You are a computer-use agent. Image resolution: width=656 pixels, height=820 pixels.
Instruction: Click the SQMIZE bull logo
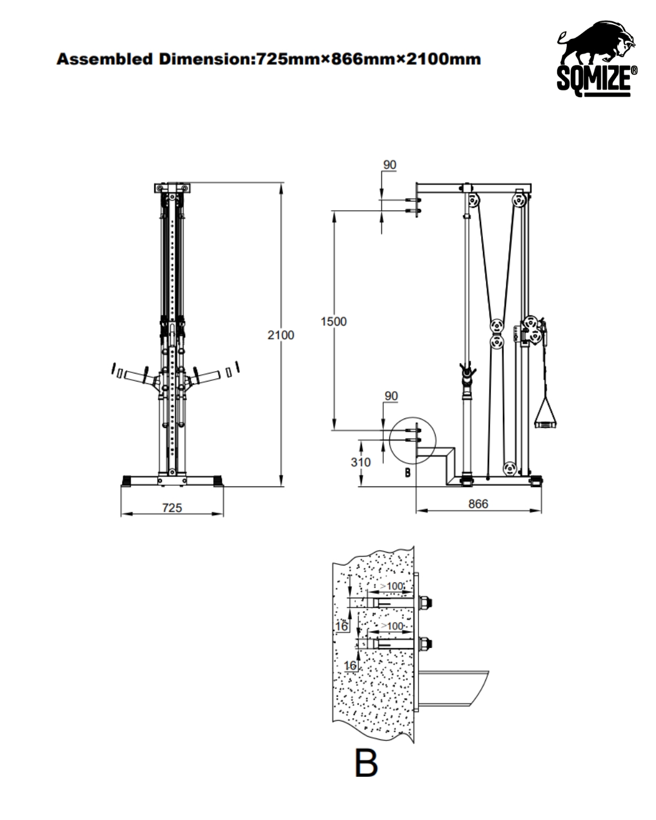click(596, 58)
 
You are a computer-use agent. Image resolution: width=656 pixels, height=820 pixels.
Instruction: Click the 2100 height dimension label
click(281, 335)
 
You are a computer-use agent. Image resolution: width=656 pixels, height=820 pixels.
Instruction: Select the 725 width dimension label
click(172, 508)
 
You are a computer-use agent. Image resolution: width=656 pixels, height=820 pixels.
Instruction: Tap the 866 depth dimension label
click(478, 504)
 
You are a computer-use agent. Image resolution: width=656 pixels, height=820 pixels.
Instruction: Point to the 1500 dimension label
click(333, 321)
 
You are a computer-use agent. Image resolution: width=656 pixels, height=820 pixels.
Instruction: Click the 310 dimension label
click(360, 462)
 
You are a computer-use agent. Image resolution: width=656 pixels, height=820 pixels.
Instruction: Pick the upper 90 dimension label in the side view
click(389, 165)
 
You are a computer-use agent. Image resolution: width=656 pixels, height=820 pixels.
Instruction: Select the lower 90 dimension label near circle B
click(391, 396)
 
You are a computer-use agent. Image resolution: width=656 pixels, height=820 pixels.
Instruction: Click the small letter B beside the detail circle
click(408, 473)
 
